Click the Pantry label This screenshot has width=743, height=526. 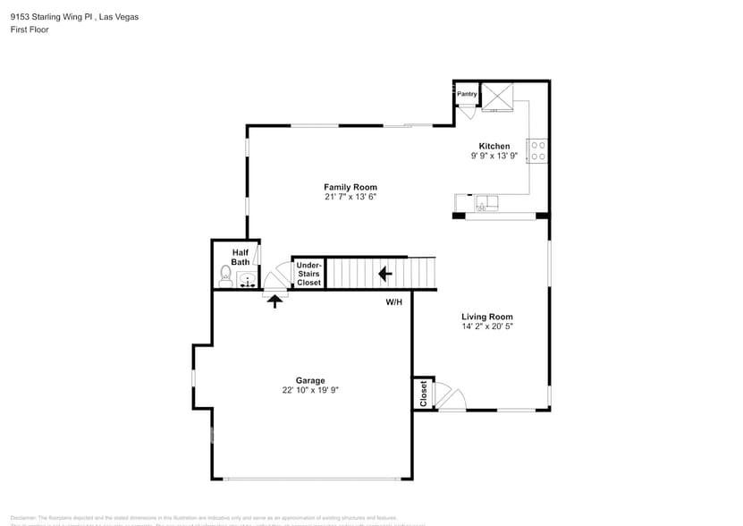pos(467,94)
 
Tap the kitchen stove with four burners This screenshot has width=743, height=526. pos(537,150)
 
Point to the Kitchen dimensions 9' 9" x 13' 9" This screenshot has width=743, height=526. pos(494,156)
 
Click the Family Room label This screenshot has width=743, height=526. pos(350,187)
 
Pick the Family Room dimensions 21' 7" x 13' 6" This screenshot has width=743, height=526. pos(350,197)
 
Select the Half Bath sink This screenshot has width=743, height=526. pos(247,280)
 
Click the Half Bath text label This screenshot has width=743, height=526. pos(241,258)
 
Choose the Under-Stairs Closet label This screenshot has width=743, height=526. pos(308,274)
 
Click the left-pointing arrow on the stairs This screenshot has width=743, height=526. pos(385,273)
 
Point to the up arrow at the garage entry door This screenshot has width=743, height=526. pos(275,301)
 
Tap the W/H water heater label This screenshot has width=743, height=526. pos(394,302)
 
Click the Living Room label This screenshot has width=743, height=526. pos(486,317)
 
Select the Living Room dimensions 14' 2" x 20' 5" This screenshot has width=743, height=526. pos(486,327)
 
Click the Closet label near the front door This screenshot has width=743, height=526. pos(424,394)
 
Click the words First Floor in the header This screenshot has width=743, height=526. pos(30,30)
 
